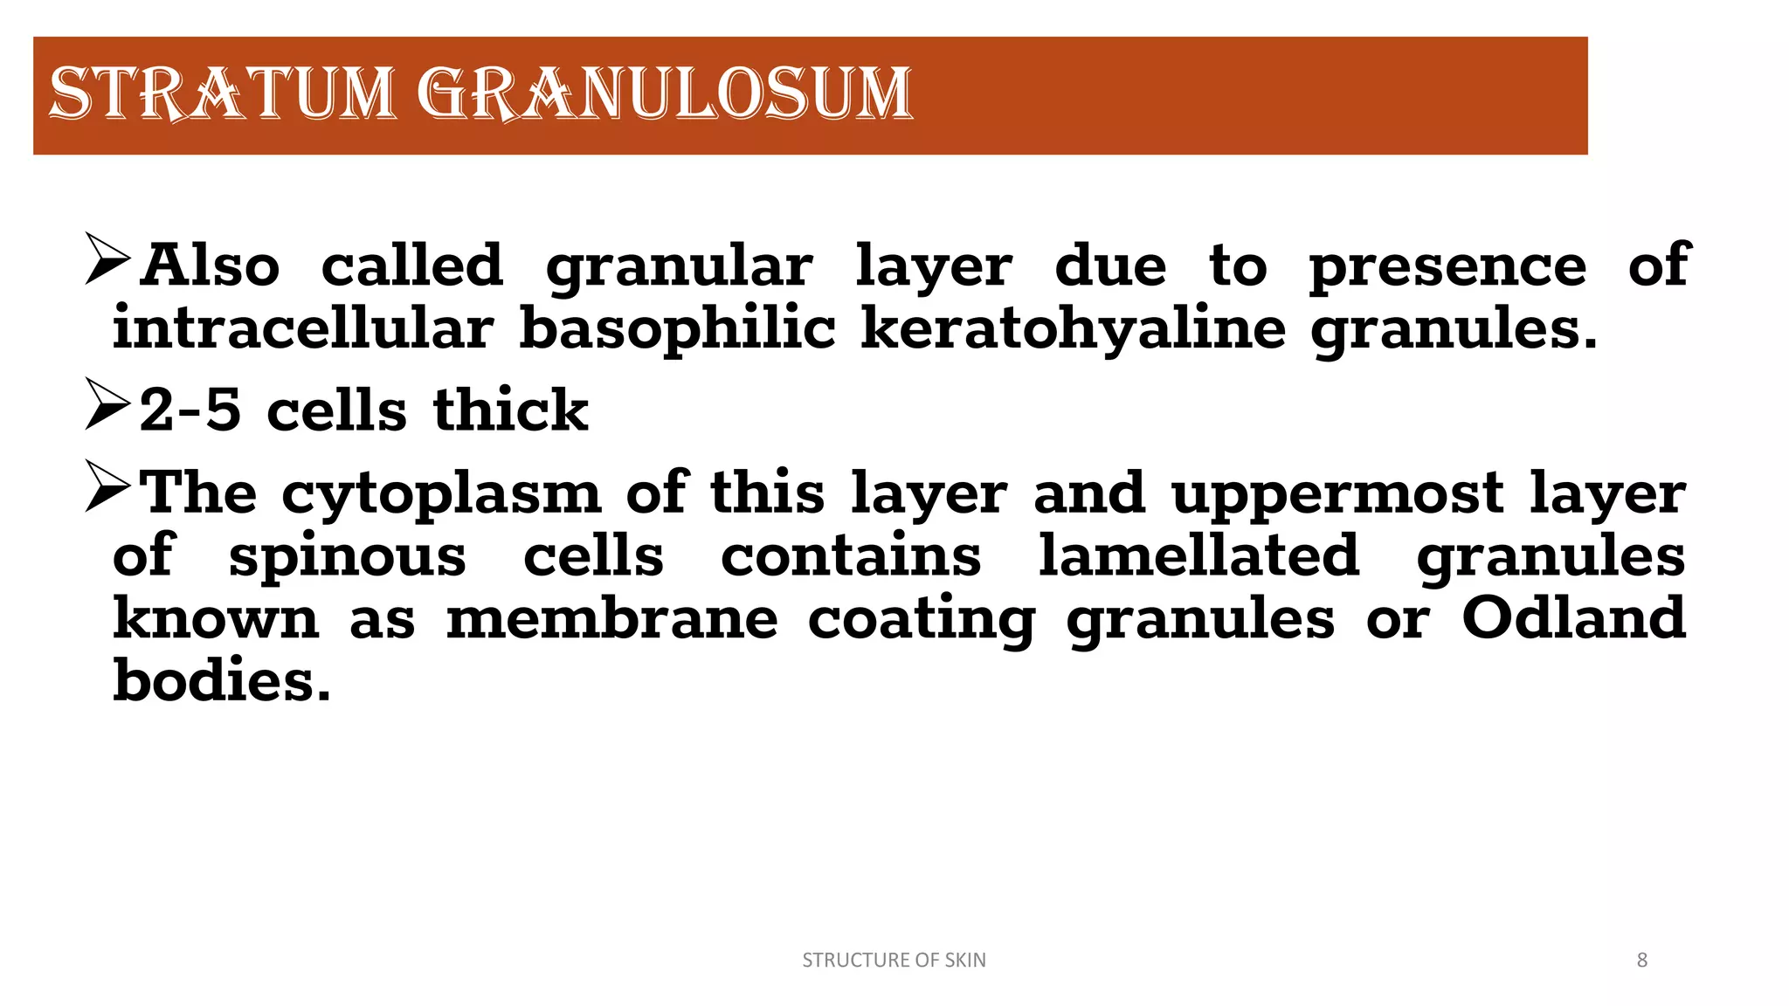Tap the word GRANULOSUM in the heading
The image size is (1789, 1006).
click(x=664, y=93)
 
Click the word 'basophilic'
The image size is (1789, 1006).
click(x=677, y=330)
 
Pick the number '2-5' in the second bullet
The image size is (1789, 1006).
click(x=190, y=410)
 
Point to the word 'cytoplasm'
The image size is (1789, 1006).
click(x=441, y=495)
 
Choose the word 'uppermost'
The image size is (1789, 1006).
click(x=1337, y=495)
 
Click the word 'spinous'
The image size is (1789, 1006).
click(x=347, y=558)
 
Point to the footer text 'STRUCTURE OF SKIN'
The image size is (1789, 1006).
click(x=894, y=960)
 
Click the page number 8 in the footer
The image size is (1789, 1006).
click(x=1641, y=960)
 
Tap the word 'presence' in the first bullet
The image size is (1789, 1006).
click(x=1447, y=267)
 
